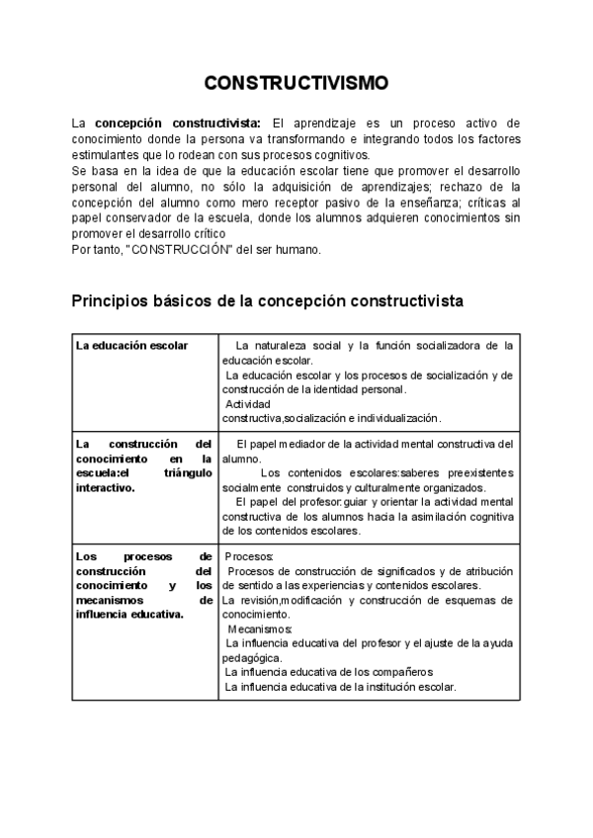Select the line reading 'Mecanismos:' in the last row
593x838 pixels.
pos(259,628)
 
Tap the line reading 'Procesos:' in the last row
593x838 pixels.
pos(249,556)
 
